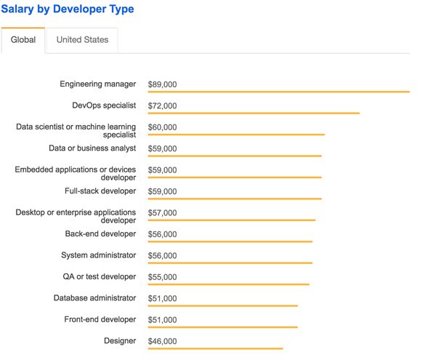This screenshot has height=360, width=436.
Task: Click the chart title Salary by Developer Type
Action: pyautogui.click(x=67, y=9)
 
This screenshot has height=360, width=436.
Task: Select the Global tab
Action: pyautogui.click(x=23, y=40)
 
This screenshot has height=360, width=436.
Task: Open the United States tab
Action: pyautogui.click(x=82, y=40)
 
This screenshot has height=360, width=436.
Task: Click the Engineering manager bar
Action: pyautogui.click(x=278, y=92)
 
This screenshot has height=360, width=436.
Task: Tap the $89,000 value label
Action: pyautogui.click(x=162, y=84)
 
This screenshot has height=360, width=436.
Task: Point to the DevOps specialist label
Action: pyautogui.click(x=104, y=105)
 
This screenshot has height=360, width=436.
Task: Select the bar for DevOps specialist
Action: pyautogui.click(x=254, y=113)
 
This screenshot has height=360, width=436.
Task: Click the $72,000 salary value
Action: pyautogui.click(x=162, y=106)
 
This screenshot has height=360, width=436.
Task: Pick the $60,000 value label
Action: pyautogui.click(x=162, y=127)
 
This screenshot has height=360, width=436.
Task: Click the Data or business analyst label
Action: pyautogui.click(x=92, y=148)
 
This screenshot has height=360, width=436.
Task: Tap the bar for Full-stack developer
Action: pyautogui.click(x=234, y=199)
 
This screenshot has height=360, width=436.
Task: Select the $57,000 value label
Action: pyautogui.click(x=162, y=213)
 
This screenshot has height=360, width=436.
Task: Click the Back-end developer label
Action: pyautogui.click(x=100, y=233)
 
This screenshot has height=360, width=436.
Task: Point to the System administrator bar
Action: pyautogui.click(x=230, y=263)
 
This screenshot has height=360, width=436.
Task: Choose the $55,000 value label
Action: pyautogui.click(x=162, y=277)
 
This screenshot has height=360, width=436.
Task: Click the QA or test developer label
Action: pyautogui.click(x=100, y=276)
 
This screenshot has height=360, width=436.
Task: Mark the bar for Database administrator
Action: pyautogui.click(x=222, y=305)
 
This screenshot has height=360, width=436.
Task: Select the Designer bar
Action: pyautogui.click(x=215, y=348)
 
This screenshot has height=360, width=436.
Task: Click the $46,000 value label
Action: pyautogui.click(x=162, y=341)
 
